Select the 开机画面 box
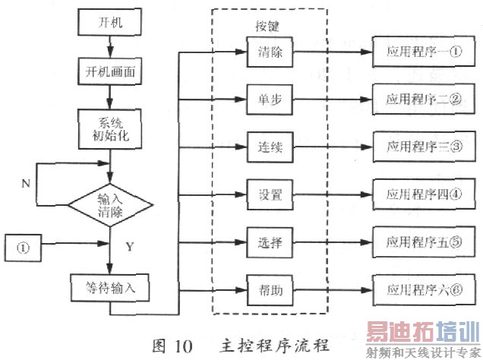[x=110, y=74]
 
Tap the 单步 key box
[x=265, y=100]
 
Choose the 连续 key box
[x=265, y=147]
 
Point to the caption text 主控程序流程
[x=276, y=343]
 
